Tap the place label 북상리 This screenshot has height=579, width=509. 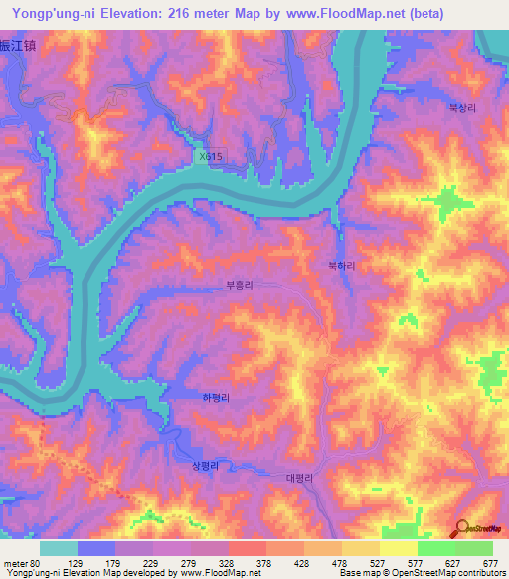463,110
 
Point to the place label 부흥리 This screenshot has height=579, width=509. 240,285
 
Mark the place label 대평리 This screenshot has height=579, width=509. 299,478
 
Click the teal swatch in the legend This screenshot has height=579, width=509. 59,548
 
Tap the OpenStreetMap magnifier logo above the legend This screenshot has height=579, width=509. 461,527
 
